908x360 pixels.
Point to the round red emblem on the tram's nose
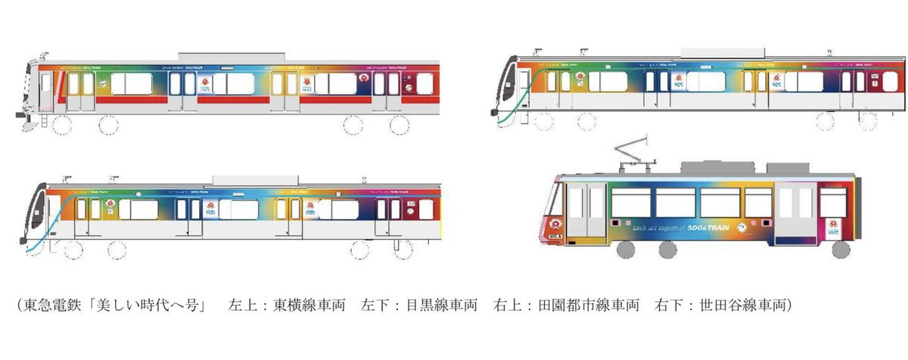click(555, 224)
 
